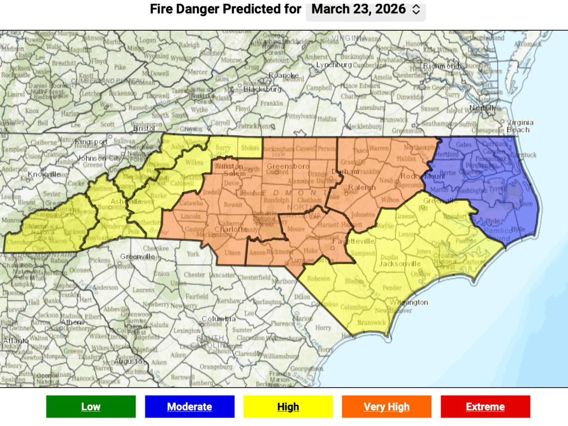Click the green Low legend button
click(x=91, y=407)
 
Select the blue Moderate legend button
click(x=189, y=407)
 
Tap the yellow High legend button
click(x=288, y=407)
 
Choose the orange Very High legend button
click(x=386, y=407)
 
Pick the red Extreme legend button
click(x=485, y=407)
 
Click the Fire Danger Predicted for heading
click(x=225, y=9)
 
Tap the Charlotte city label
click(x=231, y=229)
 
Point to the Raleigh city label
click(x=362, y=187)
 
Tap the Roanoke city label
click(x=284, y=75)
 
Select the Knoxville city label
click(x=44, y=174)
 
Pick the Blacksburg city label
click(x=263, y=89)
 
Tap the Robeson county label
click(x=319, y=278)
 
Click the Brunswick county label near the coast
click(x=372, y=322)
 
